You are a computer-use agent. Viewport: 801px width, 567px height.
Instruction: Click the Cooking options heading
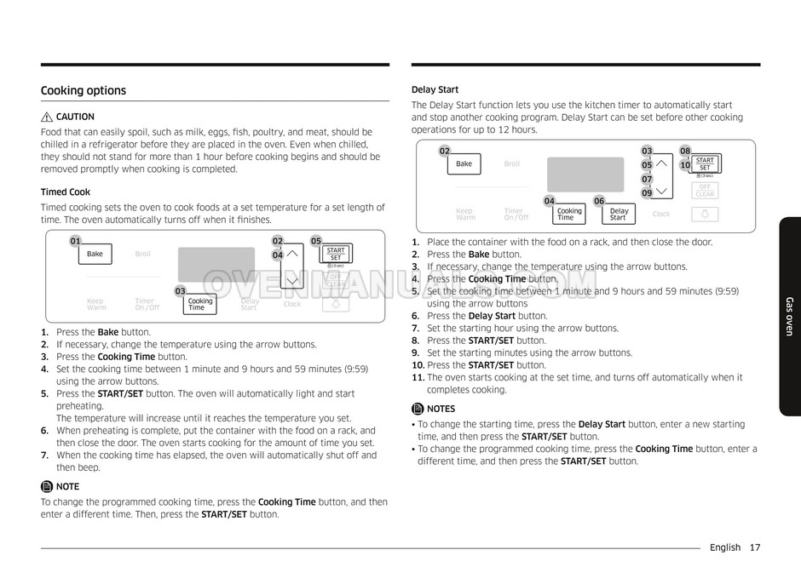(x=84, y=91)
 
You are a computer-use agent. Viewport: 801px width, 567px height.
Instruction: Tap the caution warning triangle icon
(x=47, y=117)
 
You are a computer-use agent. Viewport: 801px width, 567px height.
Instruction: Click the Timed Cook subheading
(x=66, y=192)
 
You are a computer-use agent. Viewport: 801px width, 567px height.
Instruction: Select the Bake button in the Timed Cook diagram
(x=95, y=254)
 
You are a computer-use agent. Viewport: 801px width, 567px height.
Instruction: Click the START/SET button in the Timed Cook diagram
(x=336, y=254)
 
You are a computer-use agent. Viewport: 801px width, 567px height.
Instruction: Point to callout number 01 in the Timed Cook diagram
(x=75, y=241)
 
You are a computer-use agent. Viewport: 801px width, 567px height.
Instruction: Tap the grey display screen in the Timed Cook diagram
(x=216, y=264)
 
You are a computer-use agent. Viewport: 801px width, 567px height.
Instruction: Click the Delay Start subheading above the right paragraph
(x=435, y=89)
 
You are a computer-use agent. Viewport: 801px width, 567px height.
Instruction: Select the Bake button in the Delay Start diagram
(x=464, y=163)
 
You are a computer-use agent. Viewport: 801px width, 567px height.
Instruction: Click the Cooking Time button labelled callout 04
(x=568, y=214)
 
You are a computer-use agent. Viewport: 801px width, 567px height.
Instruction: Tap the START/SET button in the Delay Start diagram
(x=705, y=163)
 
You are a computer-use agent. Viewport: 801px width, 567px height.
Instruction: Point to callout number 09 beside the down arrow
(x=647, y=193)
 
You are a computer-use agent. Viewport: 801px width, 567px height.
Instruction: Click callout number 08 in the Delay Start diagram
(x=685, y=151)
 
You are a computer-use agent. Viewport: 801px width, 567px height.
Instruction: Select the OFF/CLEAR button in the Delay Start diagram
(x=705, y=191)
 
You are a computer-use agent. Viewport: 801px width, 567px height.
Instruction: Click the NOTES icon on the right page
(x=418, y=409)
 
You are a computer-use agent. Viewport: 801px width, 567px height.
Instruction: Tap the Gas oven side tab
(x=789, y=316)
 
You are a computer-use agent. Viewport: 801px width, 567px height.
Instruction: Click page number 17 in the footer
(x=755, y=548)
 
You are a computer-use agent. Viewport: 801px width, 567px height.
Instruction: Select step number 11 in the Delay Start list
(x=418, y=377)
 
